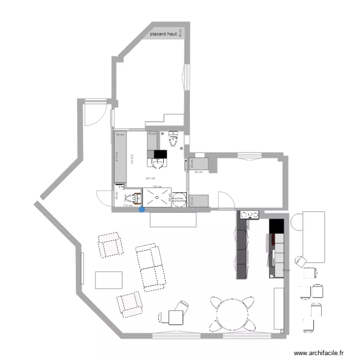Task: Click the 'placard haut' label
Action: (164, 35)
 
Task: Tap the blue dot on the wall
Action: (141, 209)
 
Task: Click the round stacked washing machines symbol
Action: (179, 199)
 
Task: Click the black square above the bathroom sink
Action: (159, 154)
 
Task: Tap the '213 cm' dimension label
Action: (117, 158)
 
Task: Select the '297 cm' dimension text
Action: (150, 178)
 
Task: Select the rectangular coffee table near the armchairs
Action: (108, 280)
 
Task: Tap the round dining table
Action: (232, 315)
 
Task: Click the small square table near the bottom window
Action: (176, 318)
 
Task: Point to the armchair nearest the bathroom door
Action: (110, 245)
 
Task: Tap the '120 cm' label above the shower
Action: (156, 186)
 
